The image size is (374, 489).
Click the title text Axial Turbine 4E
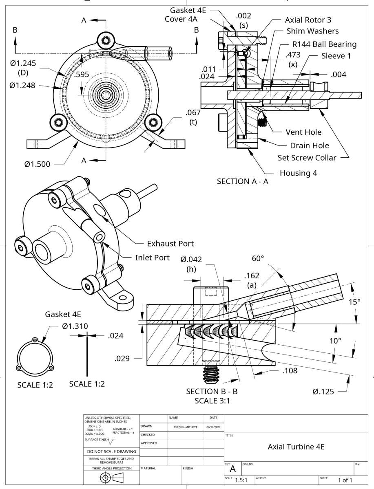296,446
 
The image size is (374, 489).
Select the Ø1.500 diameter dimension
37,164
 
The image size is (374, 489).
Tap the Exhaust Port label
170,244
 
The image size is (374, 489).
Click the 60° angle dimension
258,258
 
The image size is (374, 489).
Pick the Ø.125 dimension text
323,392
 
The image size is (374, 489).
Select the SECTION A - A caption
242,181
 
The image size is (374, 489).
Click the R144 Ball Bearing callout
324,44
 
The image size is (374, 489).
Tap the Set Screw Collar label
307,157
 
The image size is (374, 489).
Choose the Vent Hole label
303,132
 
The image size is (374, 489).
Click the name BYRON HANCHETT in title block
185,427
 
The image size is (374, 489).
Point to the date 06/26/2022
213,427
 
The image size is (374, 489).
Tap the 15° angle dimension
354,302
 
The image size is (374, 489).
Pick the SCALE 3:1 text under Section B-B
212,400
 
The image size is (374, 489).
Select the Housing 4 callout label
298,173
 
